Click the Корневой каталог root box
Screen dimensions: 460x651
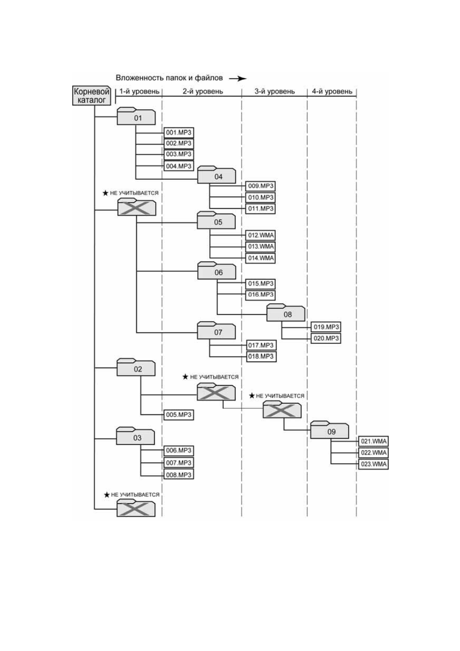92,96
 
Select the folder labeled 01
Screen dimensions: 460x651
136,116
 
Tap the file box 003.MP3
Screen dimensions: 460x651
179,154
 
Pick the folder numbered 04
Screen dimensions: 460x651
216,175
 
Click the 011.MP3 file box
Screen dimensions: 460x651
260,209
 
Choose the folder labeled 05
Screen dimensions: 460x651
216,220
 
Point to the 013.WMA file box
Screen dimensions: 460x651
260,247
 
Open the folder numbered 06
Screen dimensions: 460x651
217,271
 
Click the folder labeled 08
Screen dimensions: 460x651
286,313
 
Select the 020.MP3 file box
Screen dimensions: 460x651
326,339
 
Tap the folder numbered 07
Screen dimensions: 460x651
216,330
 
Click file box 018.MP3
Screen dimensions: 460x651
261,356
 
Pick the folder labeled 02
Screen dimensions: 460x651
136,368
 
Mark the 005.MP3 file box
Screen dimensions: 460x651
179,415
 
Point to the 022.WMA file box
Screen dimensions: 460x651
374,453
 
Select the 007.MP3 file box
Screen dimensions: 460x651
179,463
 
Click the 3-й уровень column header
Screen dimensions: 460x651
274,92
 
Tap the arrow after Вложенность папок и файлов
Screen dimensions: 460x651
237,78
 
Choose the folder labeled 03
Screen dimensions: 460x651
135,436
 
